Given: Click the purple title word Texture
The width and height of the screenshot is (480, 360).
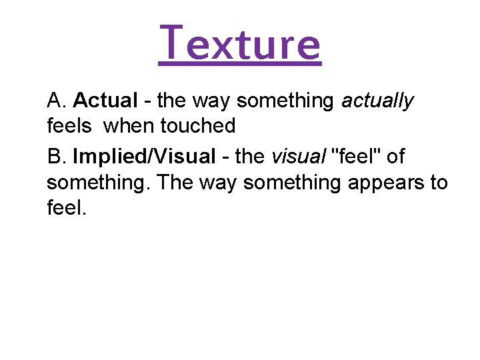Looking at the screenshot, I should click(240, 43).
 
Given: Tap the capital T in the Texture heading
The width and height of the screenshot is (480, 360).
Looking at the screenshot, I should click(172, 42).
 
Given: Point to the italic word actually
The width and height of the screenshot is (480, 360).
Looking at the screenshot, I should click(377, 102).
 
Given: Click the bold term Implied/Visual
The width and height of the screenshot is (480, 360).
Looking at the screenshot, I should click(144, 158).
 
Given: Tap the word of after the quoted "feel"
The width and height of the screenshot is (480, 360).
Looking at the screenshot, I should click(395, 157).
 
